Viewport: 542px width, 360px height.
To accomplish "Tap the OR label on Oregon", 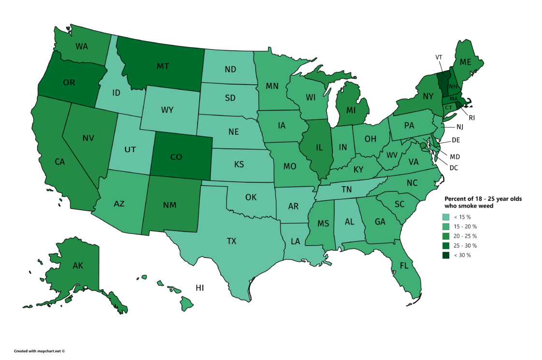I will coord(69,82).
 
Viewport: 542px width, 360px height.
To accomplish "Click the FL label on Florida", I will coord(405,265).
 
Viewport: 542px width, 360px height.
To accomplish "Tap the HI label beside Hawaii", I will coord(200,288).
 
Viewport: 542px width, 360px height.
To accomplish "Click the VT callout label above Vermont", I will coord(439,57).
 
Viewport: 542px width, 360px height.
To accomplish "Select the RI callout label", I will coord(472,117).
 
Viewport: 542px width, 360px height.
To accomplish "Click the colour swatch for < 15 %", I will coord(447,217).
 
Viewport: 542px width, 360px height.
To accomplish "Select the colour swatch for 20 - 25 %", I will coord(447,236).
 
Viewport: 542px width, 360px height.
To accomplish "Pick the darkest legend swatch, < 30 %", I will coord(447,255).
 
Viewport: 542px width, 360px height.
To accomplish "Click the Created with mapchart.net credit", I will coord(39,351).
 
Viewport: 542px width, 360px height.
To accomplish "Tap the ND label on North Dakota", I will coord(230,69).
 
